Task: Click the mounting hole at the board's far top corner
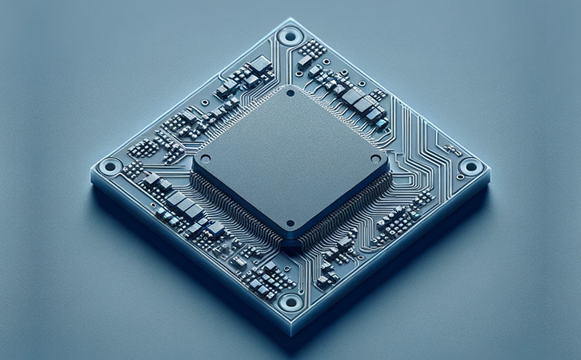pos(290,35)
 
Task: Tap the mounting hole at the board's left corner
pos(111,166)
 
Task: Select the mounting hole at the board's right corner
pos(471,167)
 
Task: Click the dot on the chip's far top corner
pos(290,92)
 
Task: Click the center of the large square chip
pos(290,160)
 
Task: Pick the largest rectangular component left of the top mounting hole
pos(260,63)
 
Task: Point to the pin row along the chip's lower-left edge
pos(237,208)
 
